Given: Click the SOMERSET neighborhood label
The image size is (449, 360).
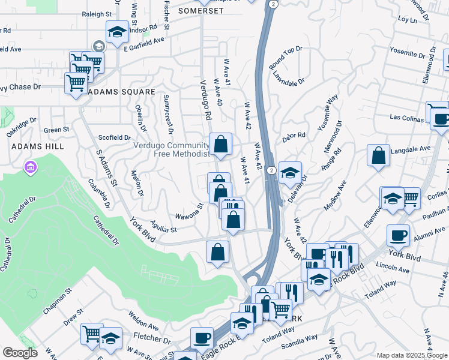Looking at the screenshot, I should click(x=200, y=11).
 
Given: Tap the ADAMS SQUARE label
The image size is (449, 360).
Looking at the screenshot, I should click(x=121, y=92).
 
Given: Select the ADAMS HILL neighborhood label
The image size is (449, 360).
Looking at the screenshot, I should click(x=29, y=146).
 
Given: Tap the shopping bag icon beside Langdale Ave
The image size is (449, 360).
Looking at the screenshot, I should click(x=379, y=157).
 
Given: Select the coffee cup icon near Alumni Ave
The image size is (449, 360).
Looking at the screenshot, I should click(x=398, y=235).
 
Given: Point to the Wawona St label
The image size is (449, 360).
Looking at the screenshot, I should click(x=190, y=212).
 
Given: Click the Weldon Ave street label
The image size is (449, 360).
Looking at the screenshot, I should click(x=143, y=322).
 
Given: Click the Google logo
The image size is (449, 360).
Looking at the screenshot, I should click(x=20, y=353).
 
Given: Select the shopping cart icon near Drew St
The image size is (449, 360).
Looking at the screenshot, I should click(x=92, y=335).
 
